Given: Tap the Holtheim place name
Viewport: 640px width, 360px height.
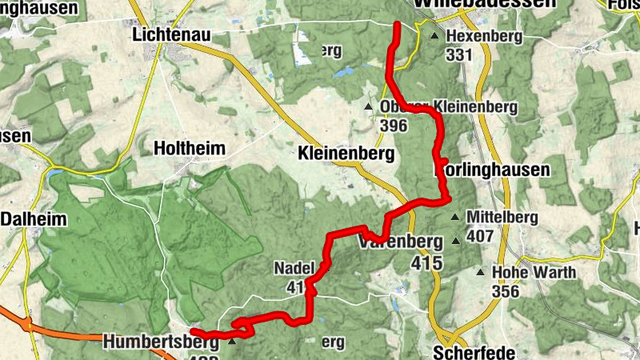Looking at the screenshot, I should click(189, 148).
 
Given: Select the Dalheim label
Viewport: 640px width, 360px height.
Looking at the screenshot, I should click(34, 219).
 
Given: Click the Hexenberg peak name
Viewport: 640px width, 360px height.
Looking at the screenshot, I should click(484, 37).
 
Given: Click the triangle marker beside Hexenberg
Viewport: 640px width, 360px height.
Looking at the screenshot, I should click(434, 37).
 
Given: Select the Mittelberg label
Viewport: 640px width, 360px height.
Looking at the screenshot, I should click(494, 216).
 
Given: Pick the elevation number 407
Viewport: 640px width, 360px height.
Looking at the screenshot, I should click(480, 236).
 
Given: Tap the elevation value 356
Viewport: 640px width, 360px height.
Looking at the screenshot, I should click(506, 291).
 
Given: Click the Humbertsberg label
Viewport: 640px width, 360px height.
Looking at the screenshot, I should click(160, 342).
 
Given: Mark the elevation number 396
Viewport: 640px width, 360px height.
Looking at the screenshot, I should click(394, 126).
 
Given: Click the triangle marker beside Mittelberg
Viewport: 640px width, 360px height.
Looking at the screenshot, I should click(456, 217).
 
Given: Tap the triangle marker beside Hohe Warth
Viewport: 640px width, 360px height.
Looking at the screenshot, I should click(481, 273).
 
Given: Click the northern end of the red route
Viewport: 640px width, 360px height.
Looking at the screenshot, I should click(397, 26).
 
